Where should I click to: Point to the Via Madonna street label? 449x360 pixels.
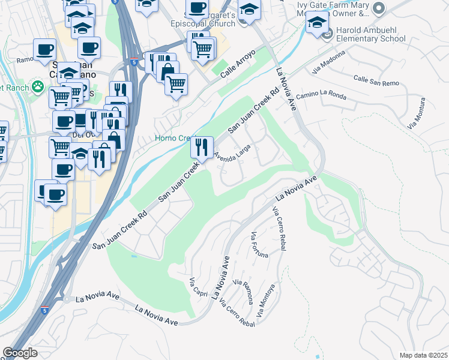[x=328, y=62]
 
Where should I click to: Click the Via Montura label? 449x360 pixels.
[x=420, y=119]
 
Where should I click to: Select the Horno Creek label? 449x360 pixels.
[x=173, y=138]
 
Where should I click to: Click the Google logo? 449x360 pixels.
[x=20, y=353]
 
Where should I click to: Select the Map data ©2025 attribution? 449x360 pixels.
[x=423, y=355]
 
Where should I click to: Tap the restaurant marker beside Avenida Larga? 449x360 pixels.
[x=202, y=146]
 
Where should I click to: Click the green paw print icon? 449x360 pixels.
[x=38, y=87]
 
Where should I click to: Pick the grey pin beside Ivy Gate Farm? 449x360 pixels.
[x=378, y=8]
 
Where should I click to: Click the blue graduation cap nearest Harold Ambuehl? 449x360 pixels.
[x=316, y=23]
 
